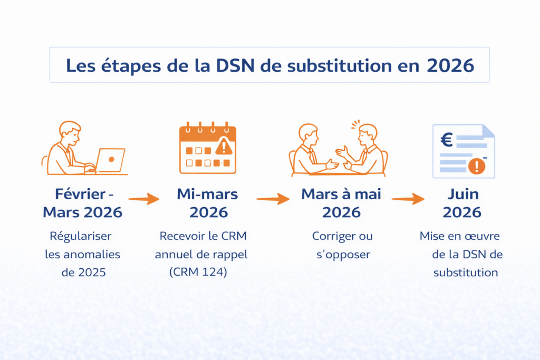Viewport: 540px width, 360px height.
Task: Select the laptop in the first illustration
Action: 111,160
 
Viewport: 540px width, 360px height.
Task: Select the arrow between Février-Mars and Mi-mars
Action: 143,199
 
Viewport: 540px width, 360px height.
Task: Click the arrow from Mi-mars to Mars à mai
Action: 273,199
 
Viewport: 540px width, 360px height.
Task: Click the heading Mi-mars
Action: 208,194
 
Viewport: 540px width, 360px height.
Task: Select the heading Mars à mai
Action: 341,194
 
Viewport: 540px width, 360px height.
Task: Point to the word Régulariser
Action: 81,236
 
